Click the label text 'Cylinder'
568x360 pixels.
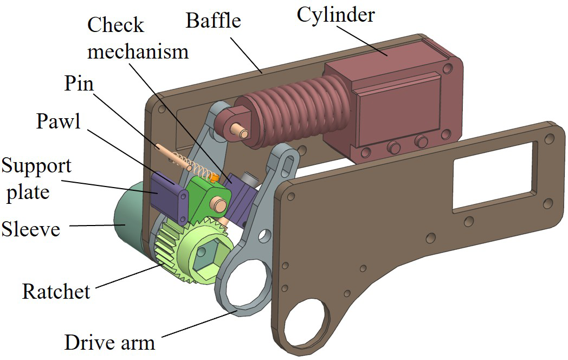point(335,15)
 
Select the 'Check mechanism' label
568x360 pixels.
point(138,38)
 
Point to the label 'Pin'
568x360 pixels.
point(79,84)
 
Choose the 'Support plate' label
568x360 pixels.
point(36,178)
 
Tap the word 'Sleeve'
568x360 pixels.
point(30,229)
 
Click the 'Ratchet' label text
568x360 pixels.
point(56,292)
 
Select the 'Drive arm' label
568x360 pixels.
point(109,342)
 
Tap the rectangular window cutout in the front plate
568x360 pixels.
point(494,176)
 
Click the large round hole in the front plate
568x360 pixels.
point(307,323)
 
